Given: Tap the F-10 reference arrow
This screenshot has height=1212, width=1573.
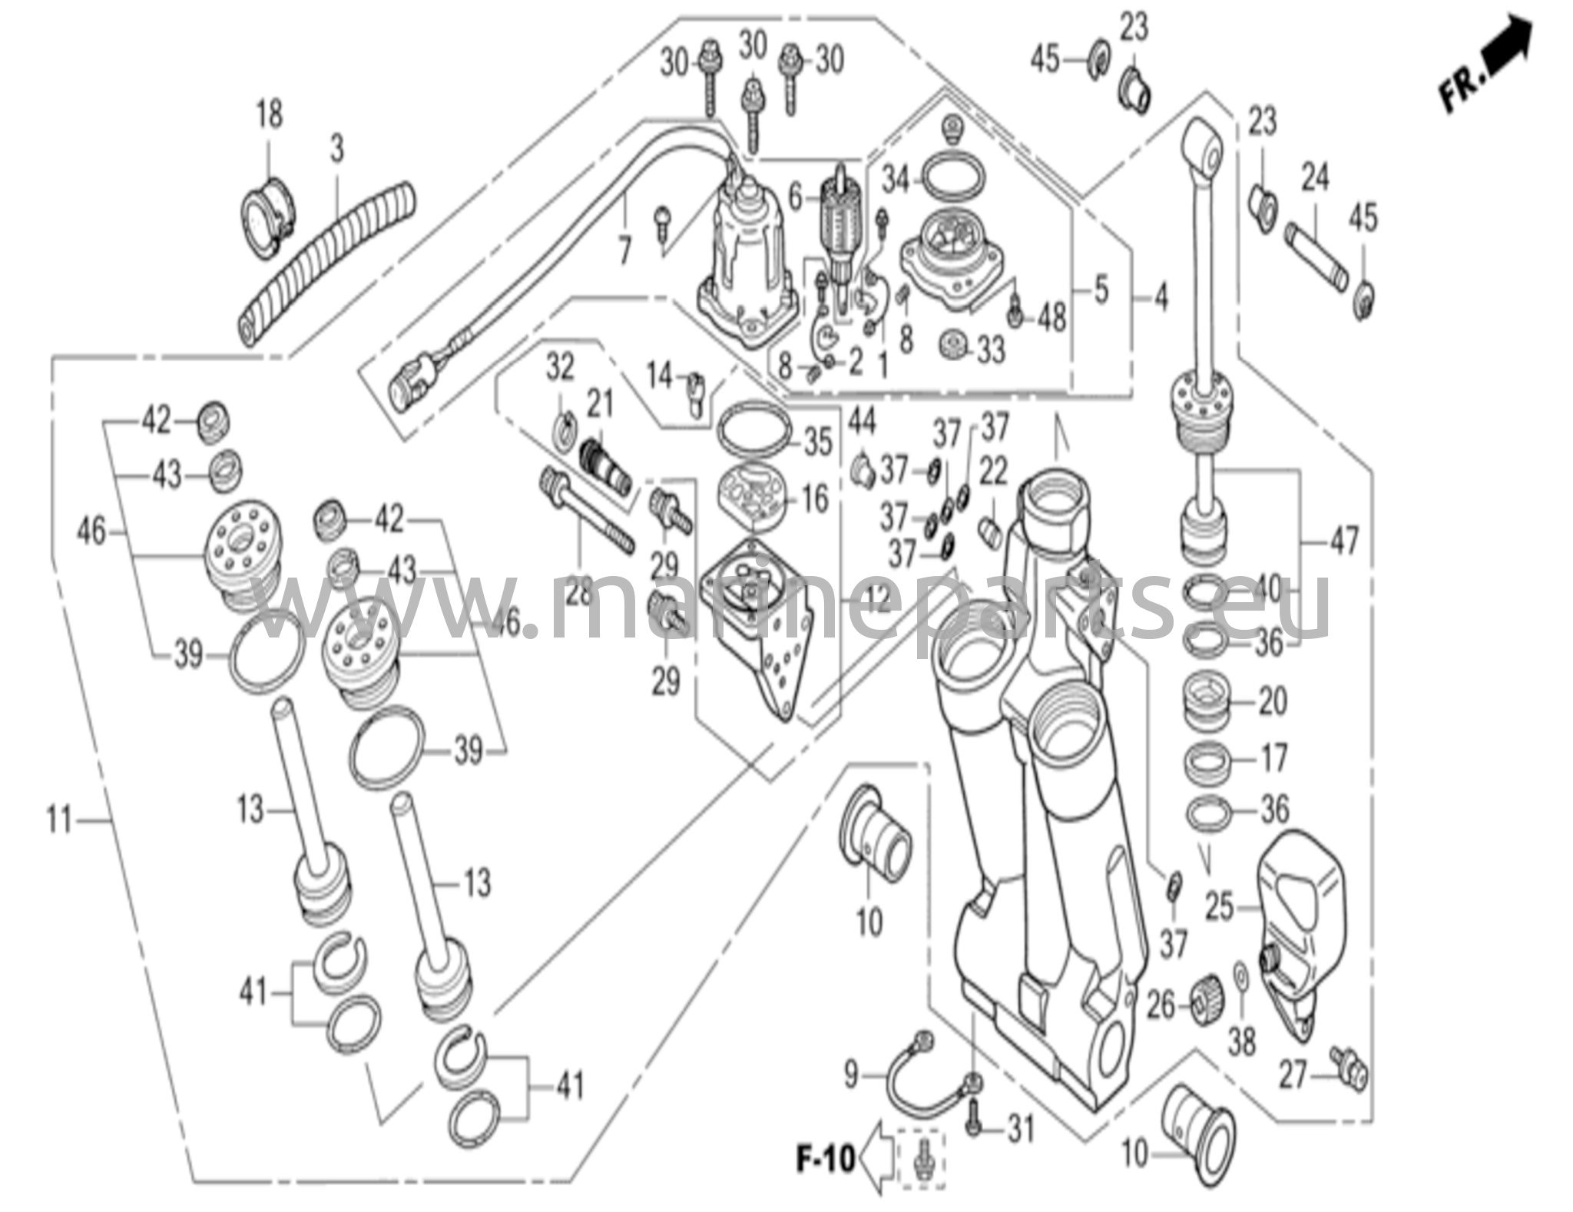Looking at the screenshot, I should pos(876,1159).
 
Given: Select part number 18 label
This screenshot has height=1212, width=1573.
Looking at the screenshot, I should pos(269,115).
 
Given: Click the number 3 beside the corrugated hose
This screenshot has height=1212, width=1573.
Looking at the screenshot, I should pos(338,150).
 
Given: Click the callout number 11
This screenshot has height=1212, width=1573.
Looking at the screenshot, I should pos(59,821).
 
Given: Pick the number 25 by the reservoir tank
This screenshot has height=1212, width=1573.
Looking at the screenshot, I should pos(1219,907).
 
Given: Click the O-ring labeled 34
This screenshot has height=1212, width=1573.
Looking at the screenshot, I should pos(952,180).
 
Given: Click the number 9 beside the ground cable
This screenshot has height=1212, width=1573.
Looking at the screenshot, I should pos(850,1075).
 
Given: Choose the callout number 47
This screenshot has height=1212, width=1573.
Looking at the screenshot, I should pos(1344,540).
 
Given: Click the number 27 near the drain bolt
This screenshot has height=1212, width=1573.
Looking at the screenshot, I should pos(1293,1076).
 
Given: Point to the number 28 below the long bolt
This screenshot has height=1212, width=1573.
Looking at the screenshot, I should pos(579,592).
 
